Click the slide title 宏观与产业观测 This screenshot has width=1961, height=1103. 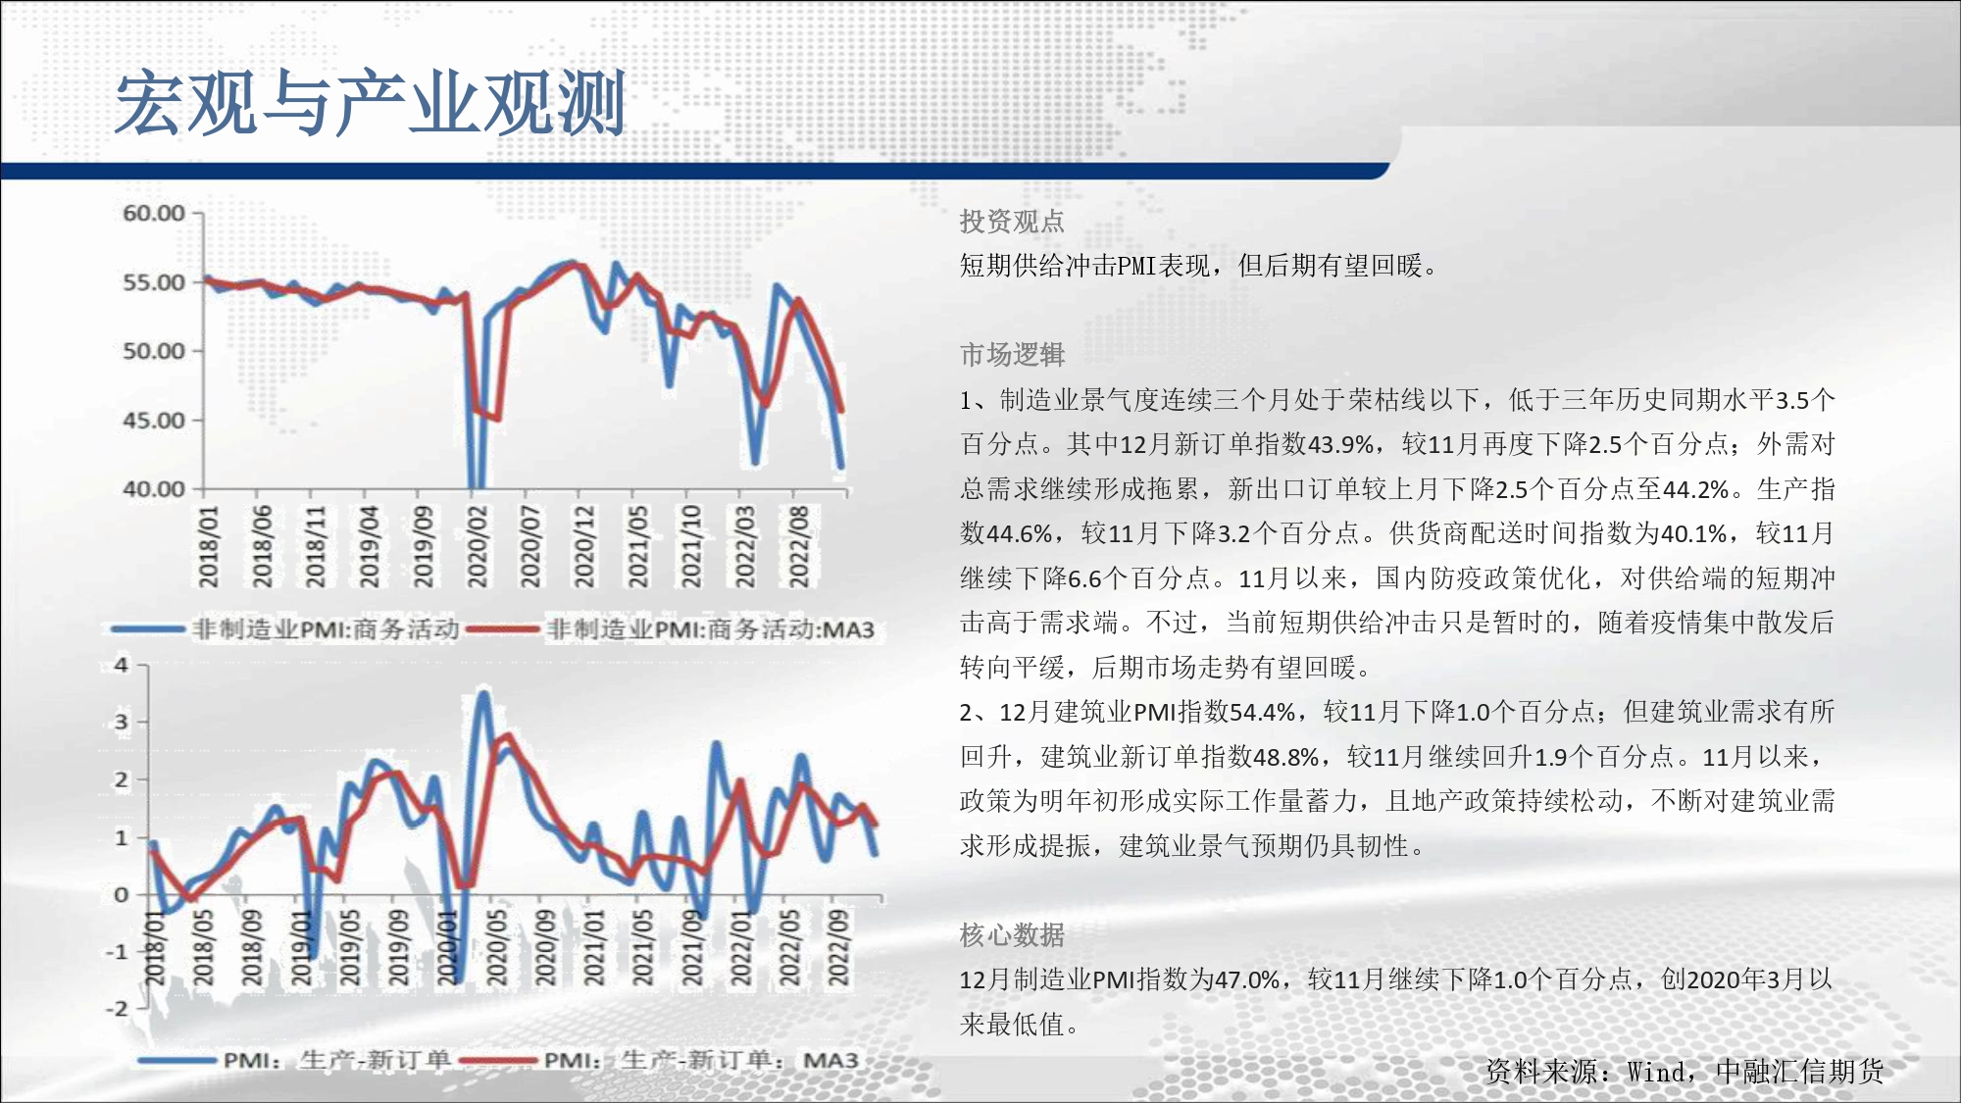371,103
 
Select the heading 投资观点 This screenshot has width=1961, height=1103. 1012,222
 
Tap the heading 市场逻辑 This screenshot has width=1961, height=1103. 1012,355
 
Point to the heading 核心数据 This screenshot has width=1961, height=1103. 1012,935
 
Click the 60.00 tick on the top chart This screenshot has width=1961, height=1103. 154,213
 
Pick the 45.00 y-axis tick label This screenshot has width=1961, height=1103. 154,420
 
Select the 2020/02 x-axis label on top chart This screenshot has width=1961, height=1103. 478,546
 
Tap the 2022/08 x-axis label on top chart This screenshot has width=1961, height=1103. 799,546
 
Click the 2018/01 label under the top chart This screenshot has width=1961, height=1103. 209,546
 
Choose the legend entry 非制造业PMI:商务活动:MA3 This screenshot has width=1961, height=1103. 710,628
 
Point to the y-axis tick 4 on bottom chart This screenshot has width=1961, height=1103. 122,665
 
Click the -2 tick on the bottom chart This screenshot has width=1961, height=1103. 117,1008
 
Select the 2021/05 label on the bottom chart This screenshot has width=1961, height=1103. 642,947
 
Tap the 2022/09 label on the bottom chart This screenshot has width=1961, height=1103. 837,947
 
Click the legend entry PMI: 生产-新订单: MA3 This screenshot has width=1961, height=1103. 701,1061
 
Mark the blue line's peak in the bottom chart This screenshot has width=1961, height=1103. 482,694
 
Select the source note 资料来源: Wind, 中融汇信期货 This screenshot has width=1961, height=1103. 1684,1072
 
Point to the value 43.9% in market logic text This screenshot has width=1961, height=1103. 1341,444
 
